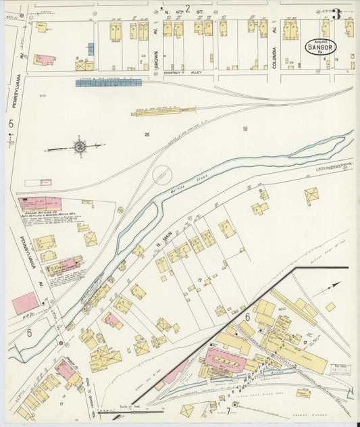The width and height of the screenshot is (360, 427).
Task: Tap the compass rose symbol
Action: pos(80,146)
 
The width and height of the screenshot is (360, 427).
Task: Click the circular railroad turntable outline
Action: pos(162,175)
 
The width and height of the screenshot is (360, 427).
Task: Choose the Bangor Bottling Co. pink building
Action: pos(41,203)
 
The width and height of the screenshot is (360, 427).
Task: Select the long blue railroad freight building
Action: pos(108,82)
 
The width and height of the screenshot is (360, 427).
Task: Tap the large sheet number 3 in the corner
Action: pos(335,13)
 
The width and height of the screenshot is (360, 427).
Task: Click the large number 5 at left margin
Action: pos(11,124)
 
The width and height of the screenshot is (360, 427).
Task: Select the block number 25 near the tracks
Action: pos(147,134)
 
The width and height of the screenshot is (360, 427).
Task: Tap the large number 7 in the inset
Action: pos(228,409)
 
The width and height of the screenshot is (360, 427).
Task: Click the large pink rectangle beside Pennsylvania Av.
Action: pos(25,303)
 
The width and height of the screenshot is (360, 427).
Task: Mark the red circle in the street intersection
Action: pos(21,15)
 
